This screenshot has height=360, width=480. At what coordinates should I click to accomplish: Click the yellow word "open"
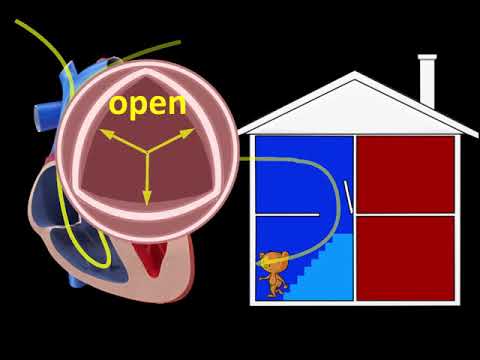[x=148, y=105]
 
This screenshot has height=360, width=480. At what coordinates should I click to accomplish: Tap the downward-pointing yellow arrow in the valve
[x=147, y=180]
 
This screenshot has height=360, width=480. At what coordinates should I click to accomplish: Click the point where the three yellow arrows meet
[x=147, y=153]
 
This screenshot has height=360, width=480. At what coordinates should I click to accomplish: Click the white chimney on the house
[x=427, y=81]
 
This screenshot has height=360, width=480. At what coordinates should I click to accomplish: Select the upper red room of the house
[x=405, y=172]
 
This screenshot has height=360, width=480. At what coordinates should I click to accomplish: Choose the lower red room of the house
[x=405, y=257]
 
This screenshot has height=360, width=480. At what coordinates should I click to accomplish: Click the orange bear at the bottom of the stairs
[x=272, y=275]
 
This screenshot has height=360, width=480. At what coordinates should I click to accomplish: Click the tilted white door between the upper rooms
[x=349, y=197]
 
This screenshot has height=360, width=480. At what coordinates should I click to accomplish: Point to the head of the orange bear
[x=271, y=261]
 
